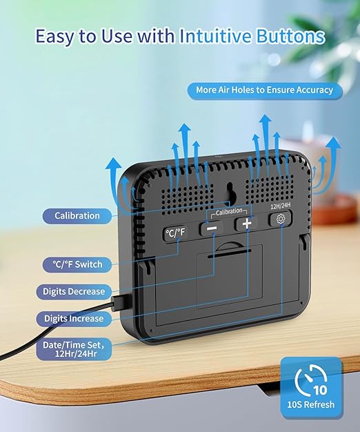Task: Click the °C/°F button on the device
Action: pyautogui.click(x=175, y=233)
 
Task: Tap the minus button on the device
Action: pyautogui.click(x=211, y=228)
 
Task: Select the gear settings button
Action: pyautogui.click(x=281, y=219)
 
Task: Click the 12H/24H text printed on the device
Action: pyautogui.click(x=281, y=206)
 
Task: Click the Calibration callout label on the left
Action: pyautogui.click(x=77, y=216)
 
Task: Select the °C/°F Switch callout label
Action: pyautogui.click(x=77, y=264)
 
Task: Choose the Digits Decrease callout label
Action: pyautogui.click(x=74, y=291)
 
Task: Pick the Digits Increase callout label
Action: pyautogui.click(x=74, y=319)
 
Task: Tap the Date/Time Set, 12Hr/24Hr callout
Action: pyautogui.click(x=74, y=349)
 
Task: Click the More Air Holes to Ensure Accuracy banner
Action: pyautogui.click(x=265, y=90)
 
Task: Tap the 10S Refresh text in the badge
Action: pyautogui.click(x=311, y=404)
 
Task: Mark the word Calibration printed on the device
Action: pyautogui.click(x=229, y=212)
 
